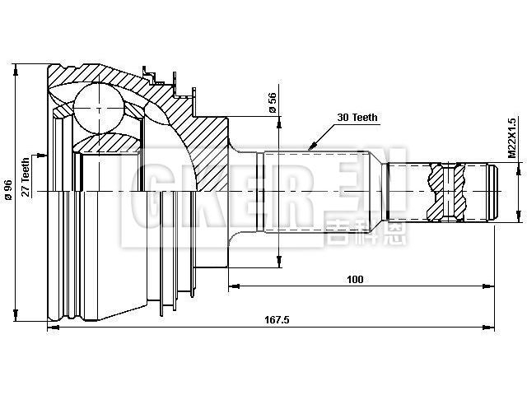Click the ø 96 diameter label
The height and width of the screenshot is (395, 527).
(x=7, y=190)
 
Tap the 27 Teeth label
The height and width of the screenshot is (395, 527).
(x=26, y=177)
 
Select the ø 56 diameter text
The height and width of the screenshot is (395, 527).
(x=272, y=103)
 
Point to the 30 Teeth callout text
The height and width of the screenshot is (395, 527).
(x=357, y=118)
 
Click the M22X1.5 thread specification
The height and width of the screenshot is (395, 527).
(x=511, y=137)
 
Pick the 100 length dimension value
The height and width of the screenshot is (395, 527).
(x=355, y=280)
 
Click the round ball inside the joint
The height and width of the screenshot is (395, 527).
(x=99, y=109)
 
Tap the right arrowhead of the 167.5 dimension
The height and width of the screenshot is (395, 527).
(x=496, y=328)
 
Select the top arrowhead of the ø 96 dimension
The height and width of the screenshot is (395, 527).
(x=16, y=67)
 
